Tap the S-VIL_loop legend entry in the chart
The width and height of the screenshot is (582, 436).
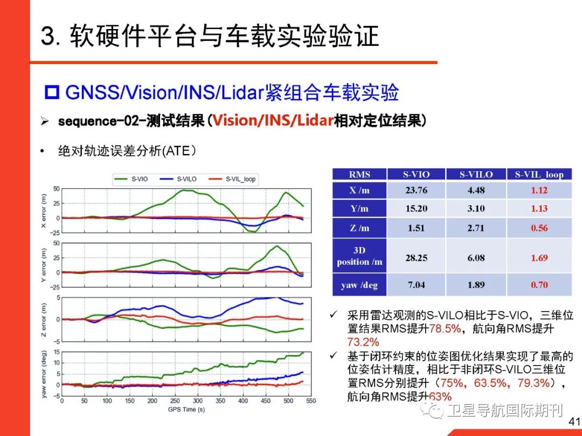pyautogui.click(x=234, y=179)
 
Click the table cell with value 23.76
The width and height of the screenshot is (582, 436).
pyautogui.click(x=416, y=189)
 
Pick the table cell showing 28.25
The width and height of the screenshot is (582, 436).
pyautogui.click(x=416, y=258)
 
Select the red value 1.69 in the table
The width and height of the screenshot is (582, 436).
pyautogui.click(x=539, y=258)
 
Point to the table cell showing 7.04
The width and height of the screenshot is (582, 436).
pyautogui.click(x=416, y=285)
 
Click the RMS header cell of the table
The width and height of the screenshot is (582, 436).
pyautogui.click(x=359, y=174)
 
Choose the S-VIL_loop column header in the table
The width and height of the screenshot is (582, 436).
pyautogui.click(x=539, y=174)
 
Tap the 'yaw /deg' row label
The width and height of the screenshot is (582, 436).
pyautogui.click(x=359, y=285)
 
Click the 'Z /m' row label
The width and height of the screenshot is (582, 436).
pyautogui.click(x=359, y=228)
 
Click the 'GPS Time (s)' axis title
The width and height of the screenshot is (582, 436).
pyautogui.click(x=186, y=410)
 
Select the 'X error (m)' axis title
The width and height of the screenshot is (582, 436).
pyautogui.click(x=44, y=210)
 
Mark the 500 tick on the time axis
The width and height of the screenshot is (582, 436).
pyautogui.click(x=288, y=402)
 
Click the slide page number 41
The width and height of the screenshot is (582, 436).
pyautogui.click(x=572, y=421)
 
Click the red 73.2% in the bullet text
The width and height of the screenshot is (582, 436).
pyautogui.click(x=363, y=342)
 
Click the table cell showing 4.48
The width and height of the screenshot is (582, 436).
pyautogui.click(x=476, y=189)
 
